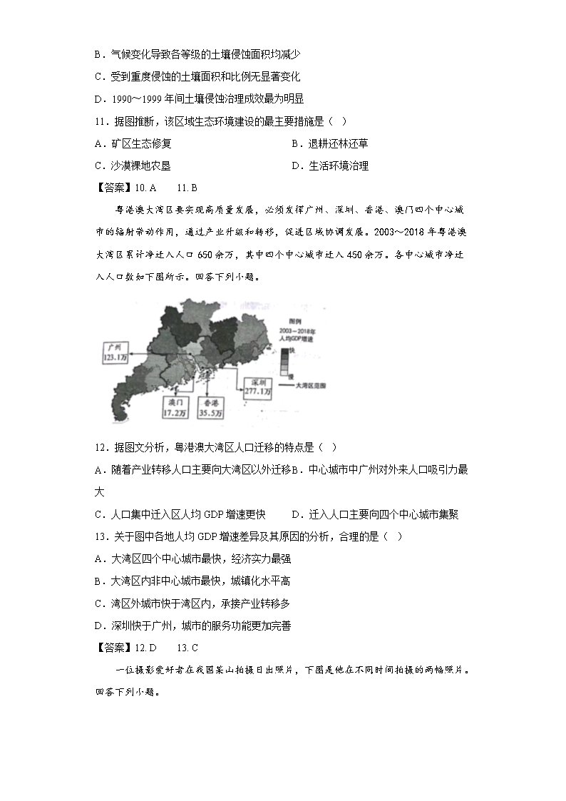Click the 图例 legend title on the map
click(288, 322)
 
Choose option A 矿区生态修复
click(133, 144)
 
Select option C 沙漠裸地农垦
click(133, 166)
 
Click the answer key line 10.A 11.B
click(145, 188)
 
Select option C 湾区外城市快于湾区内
click(192, 603)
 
